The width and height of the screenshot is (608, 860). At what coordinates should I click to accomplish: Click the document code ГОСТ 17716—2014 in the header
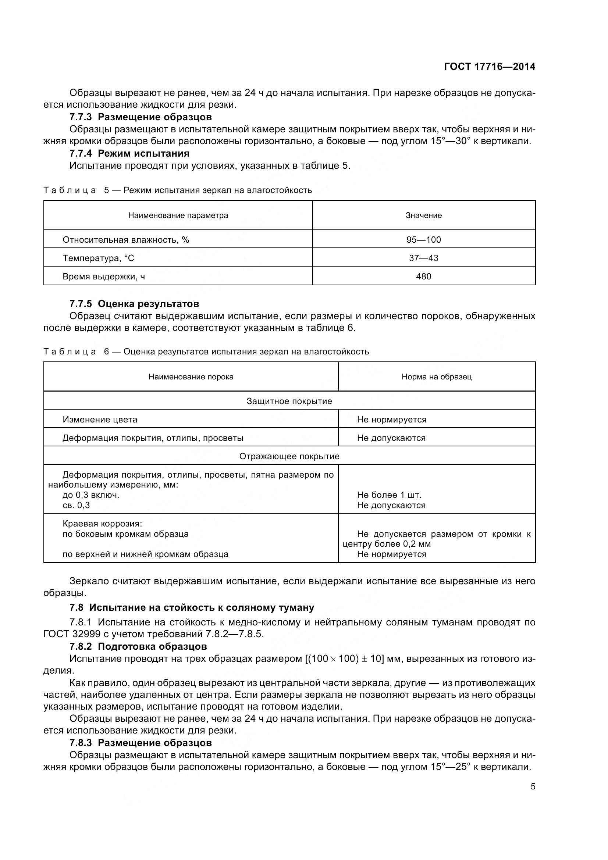click(x=489, y=67)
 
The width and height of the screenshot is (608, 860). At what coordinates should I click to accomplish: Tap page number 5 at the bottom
click(x=533, y=786)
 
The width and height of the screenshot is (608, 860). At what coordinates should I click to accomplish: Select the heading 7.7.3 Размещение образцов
click(x=141, y=117)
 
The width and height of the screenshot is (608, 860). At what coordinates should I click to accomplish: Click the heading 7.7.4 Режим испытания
click(x=129, y=154)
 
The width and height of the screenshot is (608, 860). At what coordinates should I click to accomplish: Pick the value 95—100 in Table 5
click(x=423, y=240)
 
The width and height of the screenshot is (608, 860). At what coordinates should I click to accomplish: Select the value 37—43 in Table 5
click(x=423, y=258)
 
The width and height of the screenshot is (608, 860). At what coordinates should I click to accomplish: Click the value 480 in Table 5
click(x=423, y=276)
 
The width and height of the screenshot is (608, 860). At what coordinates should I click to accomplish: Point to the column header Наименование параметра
click(x=178, y=215)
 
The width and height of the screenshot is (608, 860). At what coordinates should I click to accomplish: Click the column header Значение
click(x=423, y=215)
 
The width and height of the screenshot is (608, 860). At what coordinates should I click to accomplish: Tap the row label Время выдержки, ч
click(x=104, y=277)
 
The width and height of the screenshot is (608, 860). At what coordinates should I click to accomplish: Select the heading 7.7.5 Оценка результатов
click(x=134, y=304)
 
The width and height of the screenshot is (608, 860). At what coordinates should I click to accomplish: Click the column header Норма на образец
click(x=437, y=377)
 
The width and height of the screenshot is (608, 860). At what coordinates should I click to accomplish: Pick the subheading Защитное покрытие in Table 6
click(x=289, y=402)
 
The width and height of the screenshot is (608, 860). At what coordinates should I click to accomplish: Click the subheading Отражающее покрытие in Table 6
click(x=289, y=457)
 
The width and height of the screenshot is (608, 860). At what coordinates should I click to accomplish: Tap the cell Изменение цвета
click(x=100, y=420)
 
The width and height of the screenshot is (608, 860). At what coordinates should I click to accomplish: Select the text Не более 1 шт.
click(x=389, y=495)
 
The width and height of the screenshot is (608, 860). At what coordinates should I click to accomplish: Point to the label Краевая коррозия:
click(x=102, y=524)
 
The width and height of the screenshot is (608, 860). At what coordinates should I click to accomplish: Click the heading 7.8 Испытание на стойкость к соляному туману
click(x=192, y=607)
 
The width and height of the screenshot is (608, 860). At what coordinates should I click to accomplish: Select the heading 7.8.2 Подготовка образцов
click(x=138, y=647)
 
